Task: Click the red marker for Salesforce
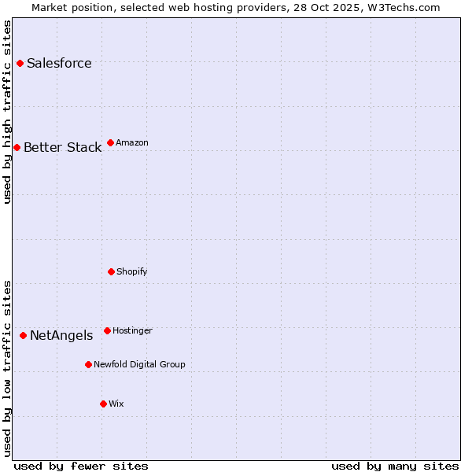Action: [20, 63]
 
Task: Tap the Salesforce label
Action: [59, 64]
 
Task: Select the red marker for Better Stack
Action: [17, 147]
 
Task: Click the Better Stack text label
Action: [62, 148]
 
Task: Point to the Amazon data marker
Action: [110, 142]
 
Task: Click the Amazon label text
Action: [132, 143]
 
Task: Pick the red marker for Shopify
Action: [111, 271]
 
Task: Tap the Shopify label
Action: [131, 272]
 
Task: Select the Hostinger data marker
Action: [107, 330]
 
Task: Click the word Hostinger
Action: [132, 331]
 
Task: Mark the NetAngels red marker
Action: [23, 335]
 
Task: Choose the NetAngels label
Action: [61, 336]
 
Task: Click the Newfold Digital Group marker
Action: [88, 364]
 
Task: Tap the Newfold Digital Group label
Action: [139, 365]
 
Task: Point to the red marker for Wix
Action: [103, 404]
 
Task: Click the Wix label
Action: [116, 404]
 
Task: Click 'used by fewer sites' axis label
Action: [81, 466]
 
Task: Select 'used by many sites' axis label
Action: [395, 466]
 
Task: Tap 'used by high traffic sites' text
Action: [8, 112]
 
